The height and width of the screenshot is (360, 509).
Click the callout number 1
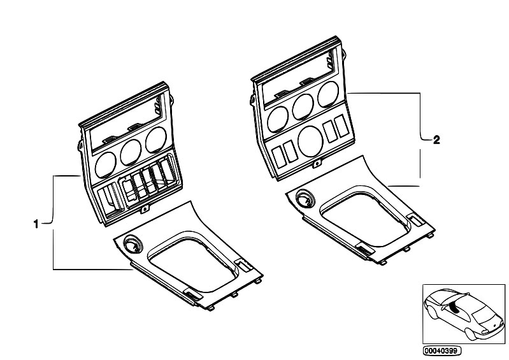tap(36, 224)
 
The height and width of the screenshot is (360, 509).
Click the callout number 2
tap(436, 140)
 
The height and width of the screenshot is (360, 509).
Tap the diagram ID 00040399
tap(442, 351)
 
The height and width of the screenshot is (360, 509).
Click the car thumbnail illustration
tap(464, 314)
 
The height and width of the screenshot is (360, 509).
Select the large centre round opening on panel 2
tap(310, 141)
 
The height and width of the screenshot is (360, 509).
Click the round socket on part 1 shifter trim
tap(133, 244)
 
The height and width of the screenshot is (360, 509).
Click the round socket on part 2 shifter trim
tap(306, 199)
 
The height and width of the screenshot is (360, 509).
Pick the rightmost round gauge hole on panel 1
tap(156, 140)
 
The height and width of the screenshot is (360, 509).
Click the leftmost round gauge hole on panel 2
tap(278, 119)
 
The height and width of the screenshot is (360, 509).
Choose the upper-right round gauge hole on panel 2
tap(328, 94)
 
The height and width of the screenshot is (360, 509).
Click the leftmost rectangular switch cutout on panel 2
tap(278, 157)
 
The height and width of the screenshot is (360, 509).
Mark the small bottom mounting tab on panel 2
tap(316, 164)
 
